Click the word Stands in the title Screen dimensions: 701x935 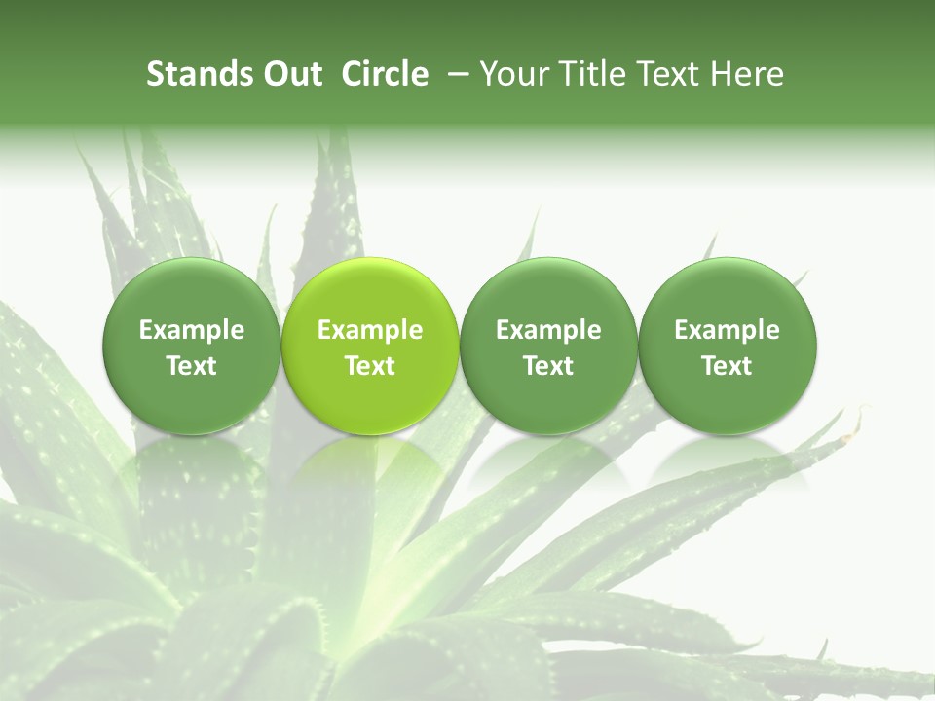click(x=191, y=74)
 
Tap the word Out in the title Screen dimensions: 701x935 click(x=288, y=74)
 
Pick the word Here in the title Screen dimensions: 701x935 click(x=747, y=74)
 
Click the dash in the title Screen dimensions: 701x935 click(x=455, y=75)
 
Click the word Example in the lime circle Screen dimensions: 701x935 click(x=370, y=330)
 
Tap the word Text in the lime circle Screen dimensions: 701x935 click(x=370, y=366)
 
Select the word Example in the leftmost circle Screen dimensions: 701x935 click(x=192, y=330)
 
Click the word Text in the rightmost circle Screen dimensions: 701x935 click(x=727, y=366)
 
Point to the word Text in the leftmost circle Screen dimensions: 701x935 click(x=192, y=366)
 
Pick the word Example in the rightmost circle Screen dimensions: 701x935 click(x=727, y=330)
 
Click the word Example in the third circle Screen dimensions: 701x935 click(x=548, y=330)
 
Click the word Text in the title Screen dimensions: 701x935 click(x=669, y=74)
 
